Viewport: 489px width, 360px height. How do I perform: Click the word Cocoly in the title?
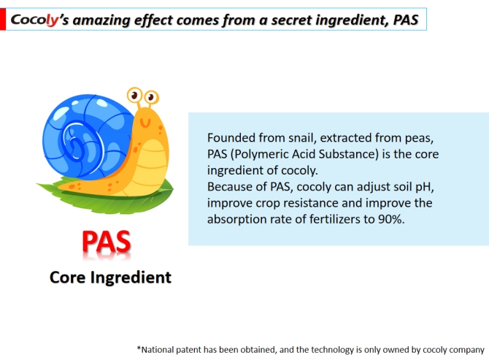pyautogui.click(x=34, y=20)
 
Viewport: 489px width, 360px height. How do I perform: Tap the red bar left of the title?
pyautogui.click(x=3, y=19)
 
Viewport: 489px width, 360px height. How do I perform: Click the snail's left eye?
pyautogui.click(x=134, y=95)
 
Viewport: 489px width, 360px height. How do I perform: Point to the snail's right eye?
pyautogui.click(x=152, y=97)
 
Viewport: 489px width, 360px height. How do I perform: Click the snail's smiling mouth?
pyautogui.click(x=145, y=123)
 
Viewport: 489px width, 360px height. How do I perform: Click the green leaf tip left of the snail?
pyautogui.click(x=37, y=185)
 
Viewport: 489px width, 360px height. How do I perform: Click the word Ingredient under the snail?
pyautogui.click(x=131, y=277)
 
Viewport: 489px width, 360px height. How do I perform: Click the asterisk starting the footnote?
pyautogui.click(x=139, y=348)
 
